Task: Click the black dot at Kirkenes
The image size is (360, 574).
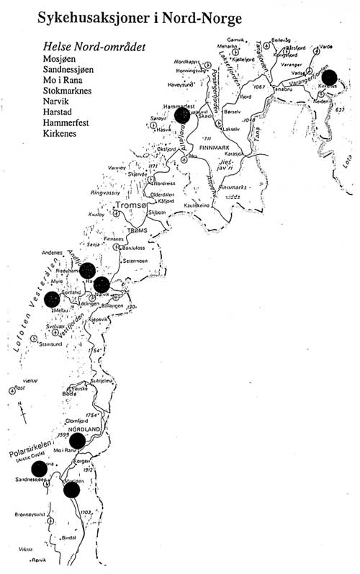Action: pyautogui.click(x=330, y=77)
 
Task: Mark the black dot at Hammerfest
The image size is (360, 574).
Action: pyautogui.click(x=182, y=115)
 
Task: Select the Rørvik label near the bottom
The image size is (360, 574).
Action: pyautogui.click(x=34, y=564)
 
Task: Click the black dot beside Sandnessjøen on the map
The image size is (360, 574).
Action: pyautogui.click(x=39, y=469)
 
